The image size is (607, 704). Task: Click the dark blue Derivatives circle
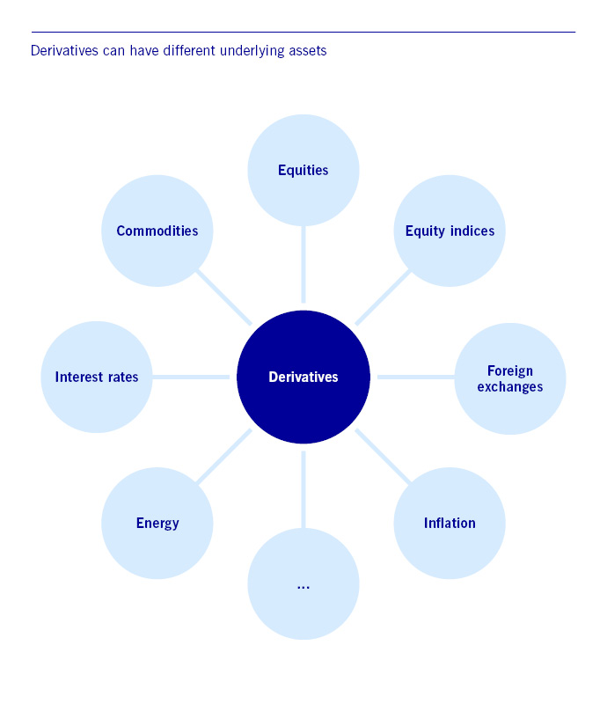click(303, 377)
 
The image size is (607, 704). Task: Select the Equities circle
click(303, 170)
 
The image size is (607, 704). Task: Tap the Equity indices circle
click(450, 231)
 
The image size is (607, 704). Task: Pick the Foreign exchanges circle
click(510, 378)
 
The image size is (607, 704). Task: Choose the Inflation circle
click(450, 523)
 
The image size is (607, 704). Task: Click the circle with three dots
click(303, 584)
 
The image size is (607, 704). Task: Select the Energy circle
click(157, 523)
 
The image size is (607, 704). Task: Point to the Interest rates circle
click(97, 377)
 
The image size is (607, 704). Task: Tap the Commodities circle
click(157, 231)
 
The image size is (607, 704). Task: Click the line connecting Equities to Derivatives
click(303, 264)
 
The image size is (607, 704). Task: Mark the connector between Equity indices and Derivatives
click(383, 297)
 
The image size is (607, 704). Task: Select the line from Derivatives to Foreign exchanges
click(415, 377)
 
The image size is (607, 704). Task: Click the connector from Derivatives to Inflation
click(383, 456)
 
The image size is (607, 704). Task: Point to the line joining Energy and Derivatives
click(223, 457)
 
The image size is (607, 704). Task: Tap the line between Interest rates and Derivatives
click(191, 377)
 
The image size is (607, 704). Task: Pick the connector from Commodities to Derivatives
click(223, 297)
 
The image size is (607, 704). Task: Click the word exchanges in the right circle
click(510, 386)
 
